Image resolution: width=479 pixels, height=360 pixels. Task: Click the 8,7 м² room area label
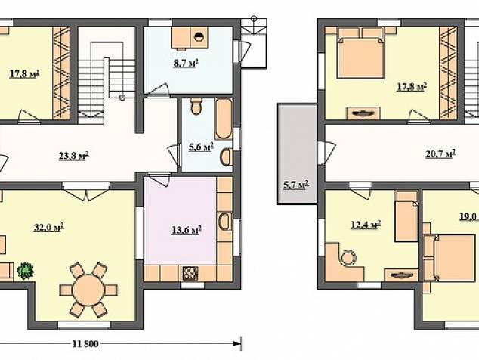186,64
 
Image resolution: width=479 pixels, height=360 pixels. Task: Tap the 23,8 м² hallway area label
73,156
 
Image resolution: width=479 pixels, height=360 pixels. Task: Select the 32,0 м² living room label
49,228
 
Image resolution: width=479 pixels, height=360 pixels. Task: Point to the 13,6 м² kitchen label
187,229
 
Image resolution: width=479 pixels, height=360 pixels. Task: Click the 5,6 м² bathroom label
201,147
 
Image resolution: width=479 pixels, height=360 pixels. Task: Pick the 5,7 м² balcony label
296,185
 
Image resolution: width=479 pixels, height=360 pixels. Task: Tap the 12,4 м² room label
366,225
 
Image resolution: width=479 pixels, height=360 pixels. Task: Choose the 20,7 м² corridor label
440,154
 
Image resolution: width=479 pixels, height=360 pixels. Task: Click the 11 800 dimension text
85,344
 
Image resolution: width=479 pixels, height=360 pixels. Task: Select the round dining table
88,290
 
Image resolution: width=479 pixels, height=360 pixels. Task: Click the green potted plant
26,271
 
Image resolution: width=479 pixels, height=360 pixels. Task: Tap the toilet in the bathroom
196,106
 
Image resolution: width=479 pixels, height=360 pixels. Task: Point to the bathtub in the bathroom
223,119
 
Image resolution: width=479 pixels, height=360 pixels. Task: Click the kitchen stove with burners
190,274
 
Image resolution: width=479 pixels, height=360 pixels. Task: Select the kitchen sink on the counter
225,222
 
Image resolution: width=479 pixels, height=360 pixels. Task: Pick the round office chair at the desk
348,257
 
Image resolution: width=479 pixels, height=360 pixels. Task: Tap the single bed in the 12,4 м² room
406,216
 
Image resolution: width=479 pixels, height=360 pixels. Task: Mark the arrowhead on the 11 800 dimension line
236,343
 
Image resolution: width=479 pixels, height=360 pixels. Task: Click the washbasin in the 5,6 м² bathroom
227,157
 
